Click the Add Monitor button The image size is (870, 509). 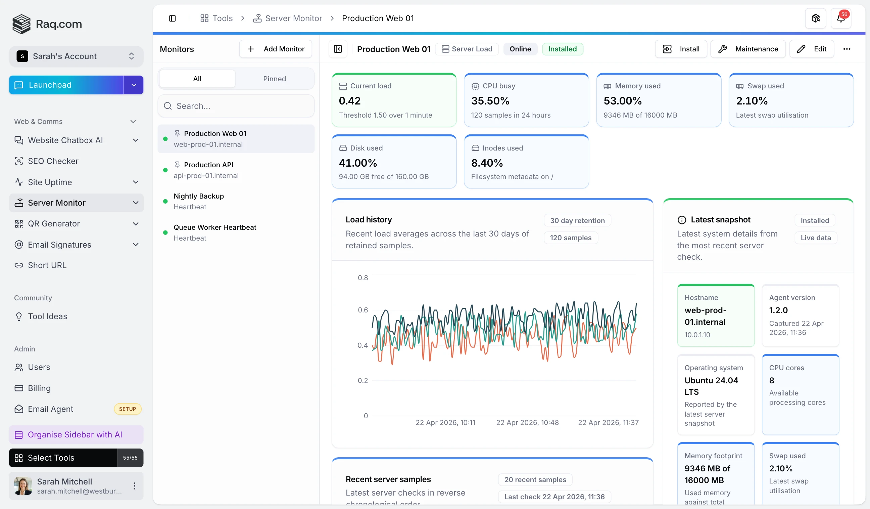(276, 49)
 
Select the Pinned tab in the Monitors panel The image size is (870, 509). (274, 79)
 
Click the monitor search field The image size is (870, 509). (236, 106)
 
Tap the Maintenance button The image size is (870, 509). (748, 49)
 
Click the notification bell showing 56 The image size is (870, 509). (841, 18)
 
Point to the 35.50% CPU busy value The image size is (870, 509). (490, 101)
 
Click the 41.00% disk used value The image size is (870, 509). (358, 163)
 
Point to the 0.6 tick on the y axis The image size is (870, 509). (362, 310)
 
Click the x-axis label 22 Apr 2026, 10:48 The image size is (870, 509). (527, 423)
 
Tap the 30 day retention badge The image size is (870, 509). (577, 220)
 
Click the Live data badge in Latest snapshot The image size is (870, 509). (815, 238)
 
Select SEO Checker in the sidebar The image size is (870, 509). (53, 161)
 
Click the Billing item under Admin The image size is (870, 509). (39, 388)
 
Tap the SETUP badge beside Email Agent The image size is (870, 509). (128, 409)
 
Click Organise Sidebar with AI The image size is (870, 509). (75, 435)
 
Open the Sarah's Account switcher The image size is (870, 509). (76, 56)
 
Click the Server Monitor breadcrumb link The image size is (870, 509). (293, 18)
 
